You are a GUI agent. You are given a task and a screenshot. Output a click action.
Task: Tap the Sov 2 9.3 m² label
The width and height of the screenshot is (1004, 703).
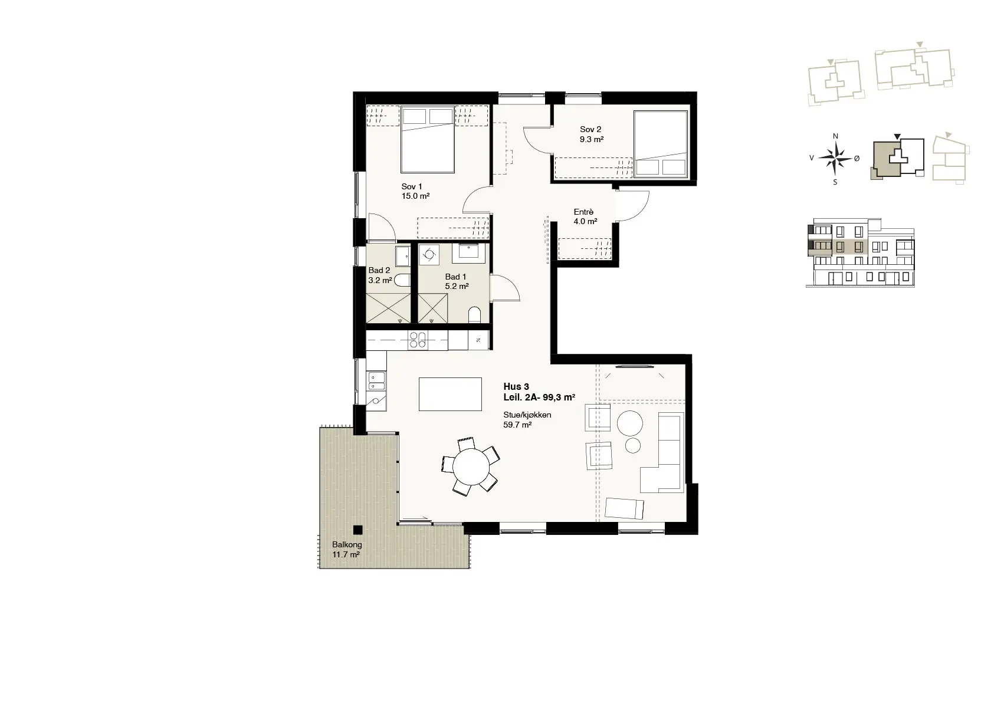(x=591, y=134)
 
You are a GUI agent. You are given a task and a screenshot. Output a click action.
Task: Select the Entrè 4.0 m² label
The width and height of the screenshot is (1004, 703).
(x=585, y=216)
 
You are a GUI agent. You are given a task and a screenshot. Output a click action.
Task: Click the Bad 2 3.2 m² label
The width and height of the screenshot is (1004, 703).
(x=380, y=275)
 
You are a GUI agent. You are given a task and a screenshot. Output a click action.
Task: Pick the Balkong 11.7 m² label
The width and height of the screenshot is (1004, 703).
(x=347, y=549)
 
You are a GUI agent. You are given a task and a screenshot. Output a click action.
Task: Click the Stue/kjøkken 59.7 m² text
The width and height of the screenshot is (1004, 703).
(x=527, y=419)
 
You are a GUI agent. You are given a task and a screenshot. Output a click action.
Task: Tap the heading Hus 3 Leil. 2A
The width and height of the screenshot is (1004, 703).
(x=539, y=392)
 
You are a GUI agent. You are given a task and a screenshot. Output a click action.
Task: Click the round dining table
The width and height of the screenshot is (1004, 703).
(x=471, y=466)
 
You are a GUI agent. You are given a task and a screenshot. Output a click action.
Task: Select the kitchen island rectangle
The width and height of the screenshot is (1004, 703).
(x=450, y=394)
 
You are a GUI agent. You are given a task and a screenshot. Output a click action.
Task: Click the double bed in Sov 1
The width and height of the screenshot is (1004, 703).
(x=428, y=139)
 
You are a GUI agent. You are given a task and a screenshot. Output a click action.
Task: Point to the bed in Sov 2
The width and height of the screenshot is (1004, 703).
(x=661, y=143)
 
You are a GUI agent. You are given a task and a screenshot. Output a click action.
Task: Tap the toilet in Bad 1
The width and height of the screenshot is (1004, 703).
(x=475, y=314)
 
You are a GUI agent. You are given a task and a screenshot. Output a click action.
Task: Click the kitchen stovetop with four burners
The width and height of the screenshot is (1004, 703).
(x=417, y=340)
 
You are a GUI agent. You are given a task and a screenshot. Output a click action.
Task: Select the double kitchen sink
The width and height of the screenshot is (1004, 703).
(x=376, y=382)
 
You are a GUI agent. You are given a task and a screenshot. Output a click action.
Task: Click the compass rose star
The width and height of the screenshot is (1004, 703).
(x=835, y=157)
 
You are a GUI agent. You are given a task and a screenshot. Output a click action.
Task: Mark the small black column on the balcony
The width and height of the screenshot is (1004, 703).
(x=357, y=530)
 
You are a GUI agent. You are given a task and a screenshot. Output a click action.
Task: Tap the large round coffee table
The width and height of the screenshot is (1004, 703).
(x=630, y=423)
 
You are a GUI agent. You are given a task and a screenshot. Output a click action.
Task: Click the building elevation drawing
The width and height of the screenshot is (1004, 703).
(x=860, y=253)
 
